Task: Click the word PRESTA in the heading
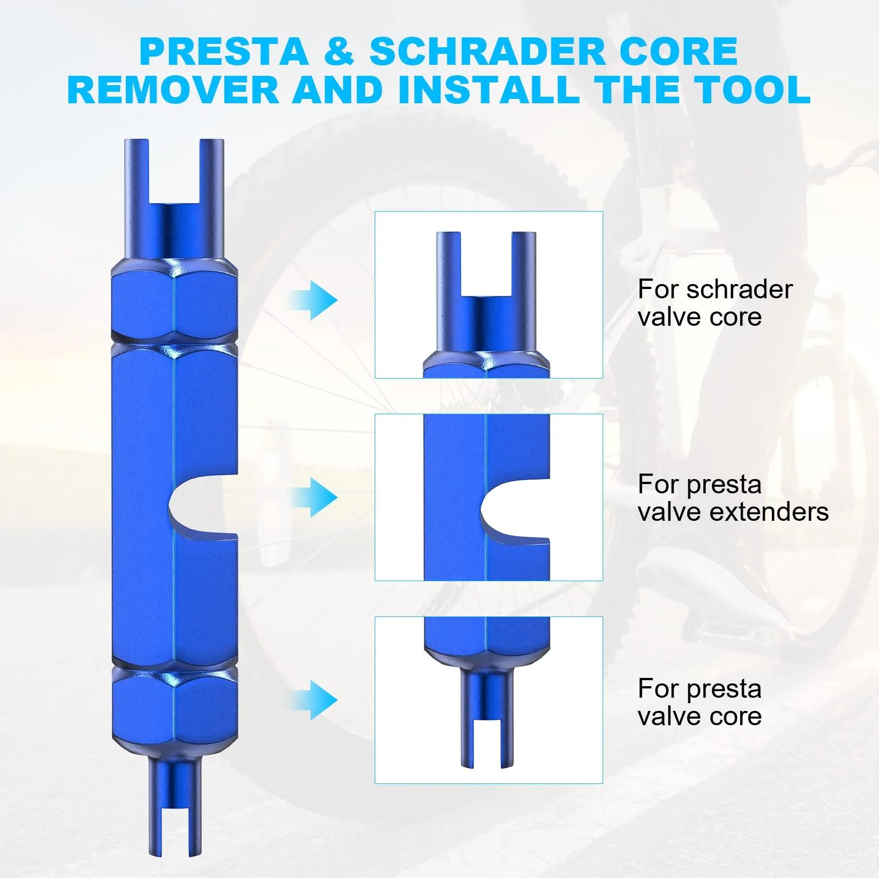(x=224, y=52)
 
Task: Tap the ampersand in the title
(x=339, y=52)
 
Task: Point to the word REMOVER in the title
(x=174, y=90)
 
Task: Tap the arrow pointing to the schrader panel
(x=314, y=300)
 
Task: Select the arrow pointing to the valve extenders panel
(x=314, y=497)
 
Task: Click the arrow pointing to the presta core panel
(x=314, y=700)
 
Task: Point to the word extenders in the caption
(x=769, y=512)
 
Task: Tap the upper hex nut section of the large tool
(x=175, y=302)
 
